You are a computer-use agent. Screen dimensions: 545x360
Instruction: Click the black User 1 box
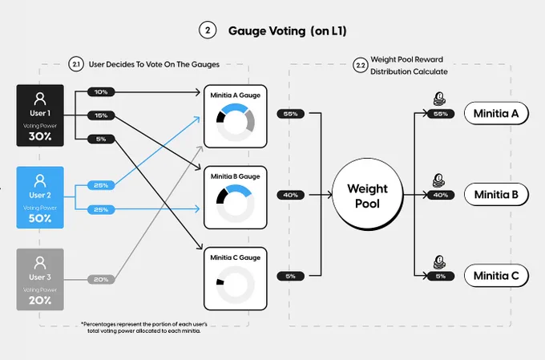[40, 115]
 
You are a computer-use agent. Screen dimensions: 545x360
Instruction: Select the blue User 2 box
[40, 197]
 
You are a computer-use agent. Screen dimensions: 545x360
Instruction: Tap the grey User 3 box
[40, 279]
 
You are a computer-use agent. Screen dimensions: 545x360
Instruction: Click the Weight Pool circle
[367, 195]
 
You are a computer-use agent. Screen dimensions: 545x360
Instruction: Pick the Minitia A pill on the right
[496, 113]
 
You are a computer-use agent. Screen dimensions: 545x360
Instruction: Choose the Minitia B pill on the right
[496, 195]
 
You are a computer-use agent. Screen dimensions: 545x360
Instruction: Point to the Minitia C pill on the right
[496, 276]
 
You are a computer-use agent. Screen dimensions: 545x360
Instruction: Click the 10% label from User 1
[101, 92]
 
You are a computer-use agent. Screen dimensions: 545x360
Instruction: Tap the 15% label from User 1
[101, 115]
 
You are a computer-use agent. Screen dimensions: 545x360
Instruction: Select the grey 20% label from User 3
[101, 279]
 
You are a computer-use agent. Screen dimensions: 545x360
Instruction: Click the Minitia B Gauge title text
[236, 176]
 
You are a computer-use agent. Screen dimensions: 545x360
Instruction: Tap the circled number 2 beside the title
[208, 30]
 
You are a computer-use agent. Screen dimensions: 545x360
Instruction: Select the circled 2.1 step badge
[76, 64]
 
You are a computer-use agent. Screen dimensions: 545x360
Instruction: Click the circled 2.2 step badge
[361, 66]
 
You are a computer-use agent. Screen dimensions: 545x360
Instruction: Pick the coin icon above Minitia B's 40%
[439, 181]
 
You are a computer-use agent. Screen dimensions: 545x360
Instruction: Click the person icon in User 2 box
[40, 181]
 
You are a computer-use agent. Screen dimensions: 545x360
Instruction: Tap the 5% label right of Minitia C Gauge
[291, 276]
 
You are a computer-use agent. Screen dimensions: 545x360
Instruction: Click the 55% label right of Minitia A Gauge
[291, 114]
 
